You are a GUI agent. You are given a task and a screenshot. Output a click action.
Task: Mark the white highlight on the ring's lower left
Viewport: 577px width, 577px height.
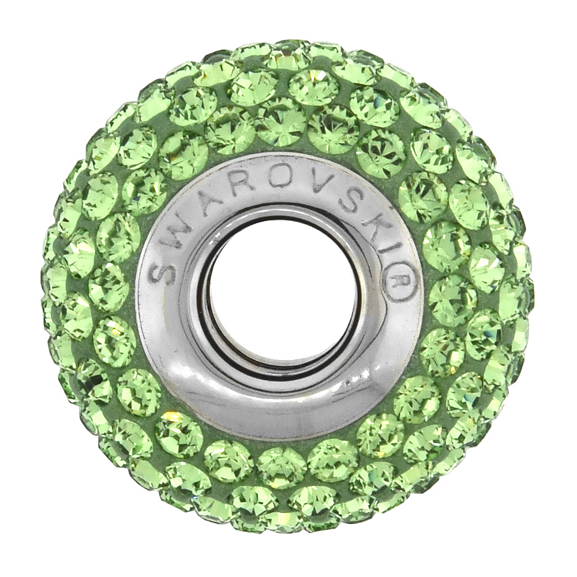point(173,369)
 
